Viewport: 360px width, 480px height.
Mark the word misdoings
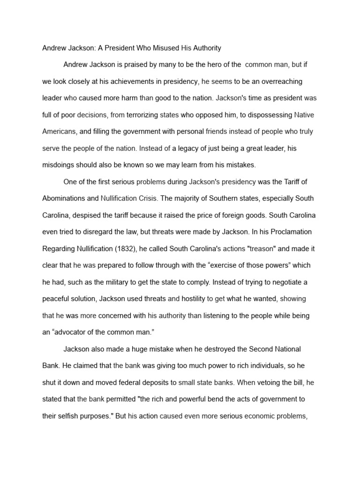(x=60, y=165)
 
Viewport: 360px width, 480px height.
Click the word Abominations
(x=64, y=198)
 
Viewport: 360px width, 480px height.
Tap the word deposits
(x=142, y=382)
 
